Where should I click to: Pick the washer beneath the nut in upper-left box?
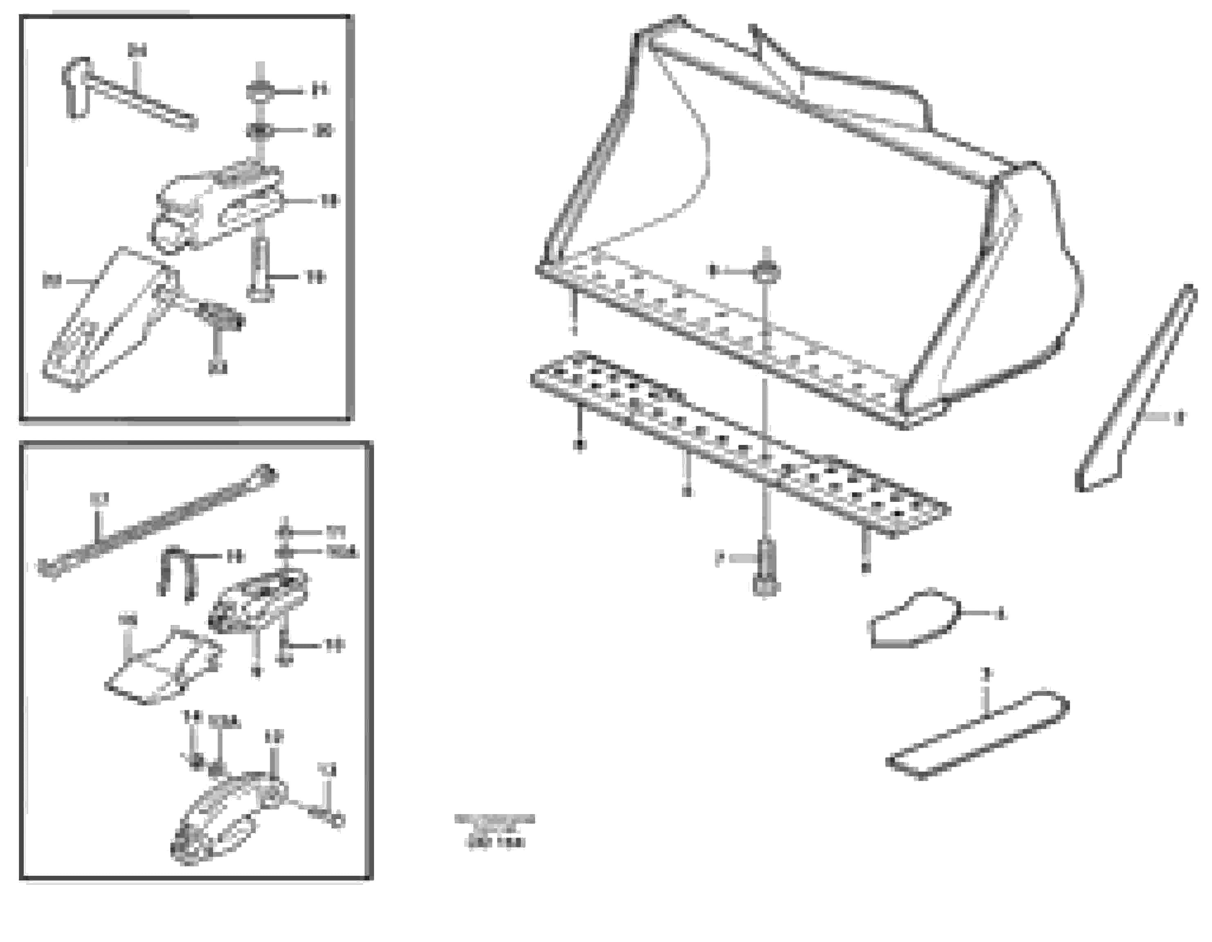pos(259,131)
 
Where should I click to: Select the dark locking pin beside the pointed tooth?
pos(222,316)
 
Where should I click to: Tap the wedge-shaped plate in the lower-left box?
pos(166,666)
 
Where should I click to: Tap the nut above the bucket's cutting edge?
pos(766,272)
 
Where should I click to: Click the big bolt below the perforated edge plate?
pos(766,571)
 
